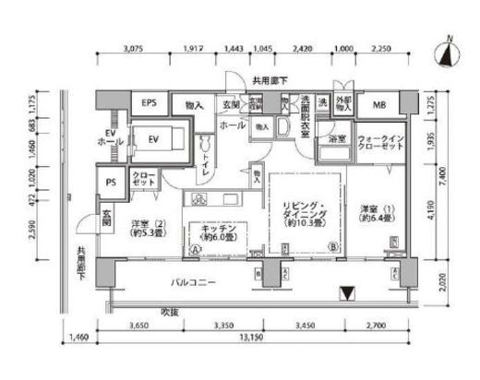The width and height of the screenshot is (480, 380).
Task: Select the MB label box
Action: click(379, 103)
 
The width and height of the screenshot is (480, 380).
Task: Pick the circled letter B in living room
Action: click(331, 246)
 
